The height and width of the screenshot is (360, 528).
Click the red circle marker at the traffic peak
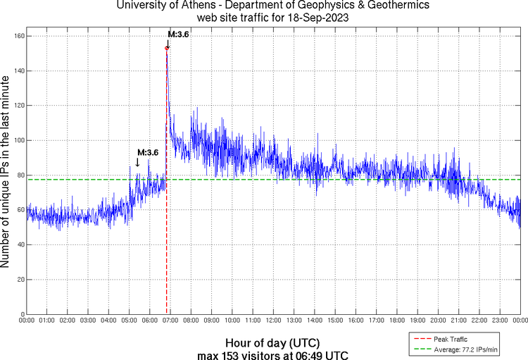coord(167,48)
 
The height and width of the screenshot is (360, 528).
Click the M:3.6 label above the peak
coord(178,34)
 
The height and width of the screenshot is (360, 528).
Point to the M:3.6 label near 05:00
coord(148,152)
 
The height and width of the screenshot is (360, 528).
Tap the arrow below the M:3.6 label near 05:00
coord(138,163)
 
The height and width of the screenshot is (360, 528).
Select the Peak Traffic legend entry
coord(451,338)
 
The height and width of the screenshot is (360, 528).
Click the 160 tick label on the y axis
coord(19,36)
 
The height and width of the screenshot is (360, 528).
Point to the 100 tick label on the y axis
coord(19,140)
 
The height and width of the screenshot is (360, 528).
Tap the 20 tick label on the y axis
coord(21,279)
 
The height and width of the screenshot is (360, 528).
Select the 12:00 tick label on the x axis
coord(273,321)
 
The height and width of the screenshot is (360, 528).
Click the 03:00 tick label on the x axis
coord(88,321)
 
